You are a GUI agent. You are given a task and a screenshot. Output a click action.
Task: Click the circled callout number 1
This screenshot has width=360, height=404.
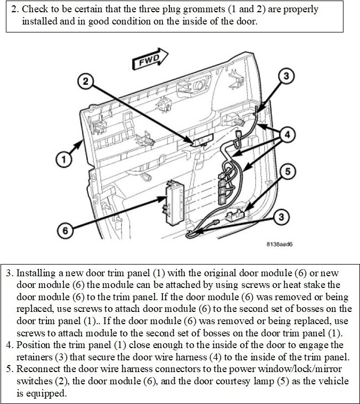point(63,159)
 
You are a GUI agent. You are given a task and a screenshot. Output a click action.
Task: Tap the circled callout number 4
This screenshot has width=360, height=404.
point(287,135)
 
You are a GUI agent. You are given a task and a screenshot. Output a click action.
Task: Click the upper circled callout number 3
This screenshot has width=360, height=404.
point(286,76)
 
